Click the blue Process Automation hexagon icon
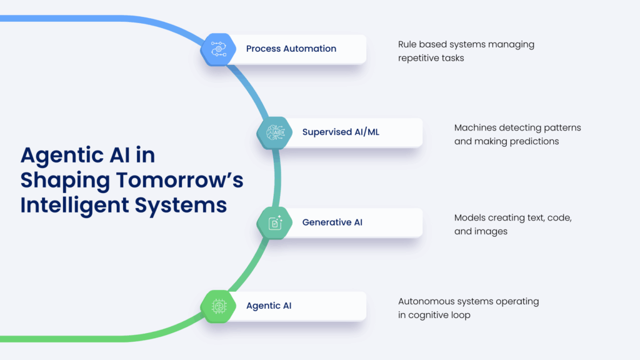(217, 49)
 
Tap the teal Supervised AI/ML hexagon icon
(274, 132)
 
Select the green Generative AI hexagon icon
(274, 222)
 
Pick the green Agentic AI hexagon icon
(218, 306)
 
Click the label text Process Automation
(291, 49)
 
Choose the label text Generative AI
(332, 222)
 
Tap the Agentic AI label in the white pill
(269, 306)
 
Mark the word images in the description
(491, 231)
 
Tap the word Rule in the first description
(407, 44)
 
